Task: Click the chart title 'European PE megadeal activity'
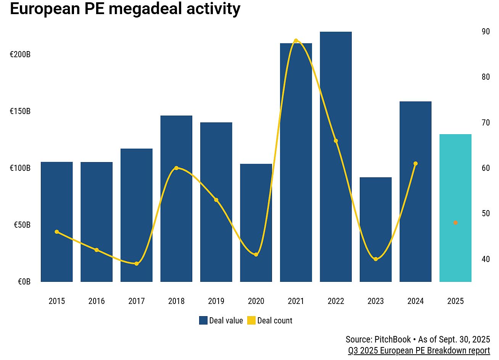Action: [125, 8]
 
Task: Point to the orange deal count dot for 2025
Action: [455, 223]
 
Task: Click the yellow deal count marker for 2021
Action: [296, 41]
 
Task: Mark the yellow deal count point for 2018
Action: [176, 168]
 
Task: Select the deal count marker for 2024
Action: [415, 164]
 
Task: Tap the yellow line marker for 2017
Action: [137, 264]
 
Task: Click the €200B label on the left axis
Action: [20, 55]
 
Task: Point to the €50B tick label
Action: [22, 225]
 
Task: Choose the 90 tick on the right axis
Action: [486, 32]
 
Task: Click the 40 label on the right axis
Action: [486, 259]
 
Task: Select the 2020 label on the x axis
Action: [256, 301]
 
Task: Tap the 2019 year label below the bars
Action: [216, 301]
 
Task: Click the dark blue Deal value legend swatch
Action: [203, 320]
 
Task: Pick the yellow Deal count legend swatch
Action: [251, 320]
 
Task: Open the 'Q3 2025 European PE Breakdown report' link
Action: [419, 350]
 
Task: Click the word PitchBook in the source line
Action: [393, 339]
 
